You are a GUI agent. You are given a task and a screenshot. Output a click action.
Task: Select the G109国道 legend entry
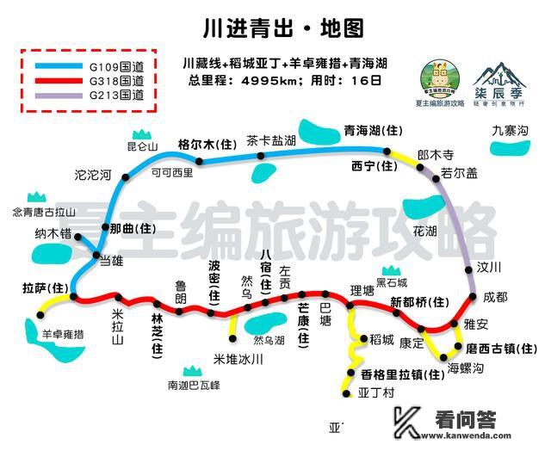[x=111, y=64]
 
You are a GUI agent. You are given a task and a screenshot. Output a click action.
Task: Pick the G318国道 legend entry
[x=111, y=80]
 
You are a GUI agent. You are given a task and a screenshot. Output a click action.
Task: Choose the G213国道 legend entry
[x=111, y=96]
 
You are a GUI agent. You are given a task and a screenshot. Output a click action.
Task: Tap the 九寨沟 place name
[x=510, y=131]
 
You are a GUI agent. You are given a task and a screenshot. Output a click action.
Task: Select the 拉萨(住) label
[x=46, y=287]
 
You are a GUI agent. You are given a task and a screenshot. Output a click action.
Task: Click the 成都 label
[x=496, y=297]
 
